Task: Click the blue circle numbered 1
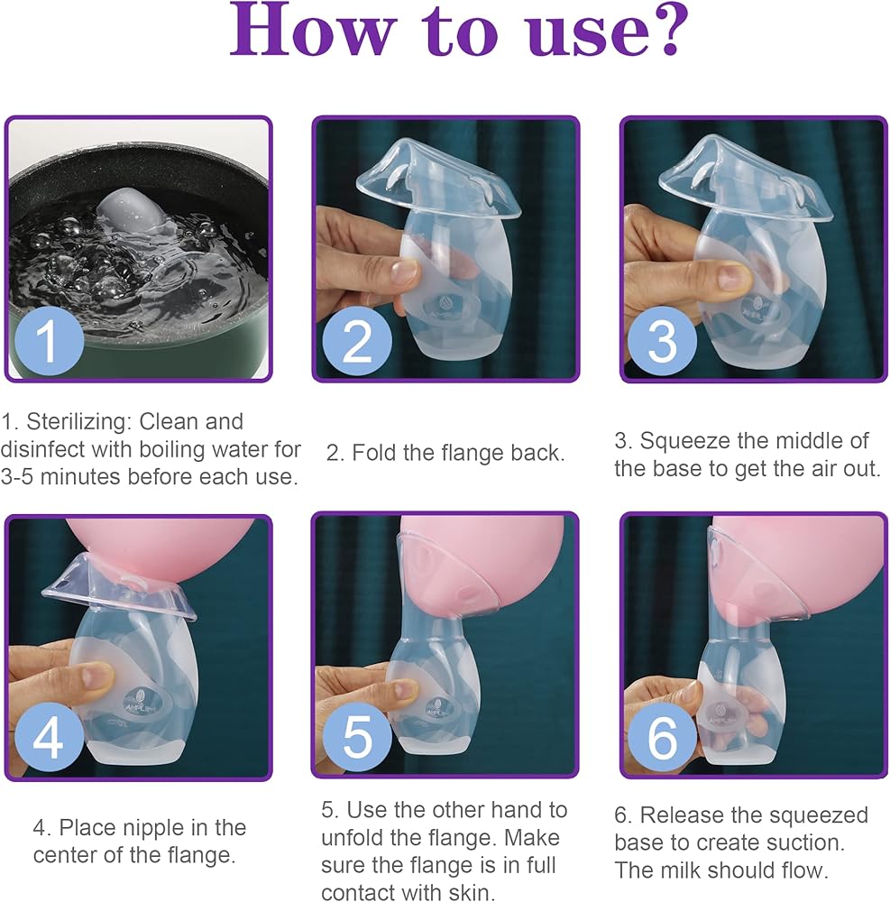pyautogui.click(x=49, y=340)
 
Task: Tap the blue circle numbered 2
pyautogui.click(x=357, y=341)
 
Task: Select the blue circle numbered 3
pyautogui.click(x=662, y=341)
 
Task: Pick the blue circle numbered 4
pyautogui.click(x=49, y=737)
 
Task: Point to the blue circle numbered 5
pyautogui.click(x=357, y=737)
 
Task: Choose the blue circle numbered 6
pyautogui.click(x=662, y=737)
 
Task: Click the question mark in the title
pyautogui.click(x=669, y=30)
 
